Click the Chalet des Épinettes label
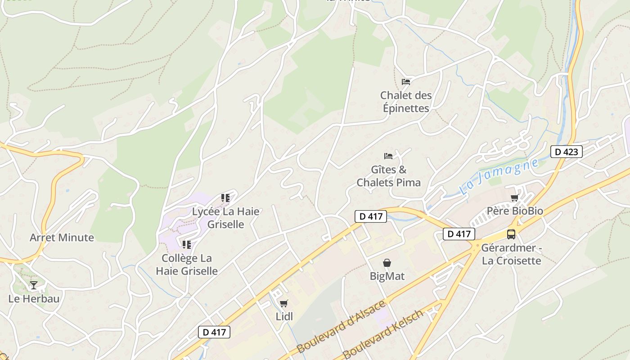(406, 102)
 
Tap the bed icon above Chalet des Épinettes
(406, 81)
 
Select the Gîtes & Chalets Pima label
(389, 176)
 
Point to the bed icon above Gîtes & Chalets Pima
(388, 156)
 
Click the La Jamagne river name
(499, 177)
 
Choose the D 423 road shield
(567, 152)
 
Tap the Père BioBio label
(515, 211)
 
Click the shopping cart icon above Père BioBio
(514, 198)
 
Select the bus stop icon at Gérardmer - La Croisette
(511, 234)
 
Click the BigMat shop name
(387, 276)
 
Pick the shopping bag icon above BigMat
(387, 263)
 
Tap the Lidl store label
(284, 316)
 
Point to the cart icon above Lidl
(283, 303)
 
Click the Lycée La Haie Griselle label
(225, 218)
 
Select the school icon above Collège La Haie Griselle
(187, 245)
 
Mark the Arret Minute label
(62, 238)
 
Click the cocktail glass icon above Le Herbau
(34, 285)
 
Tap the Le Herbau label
(34, 299)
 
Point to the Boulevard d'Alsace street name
(342, 326)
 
